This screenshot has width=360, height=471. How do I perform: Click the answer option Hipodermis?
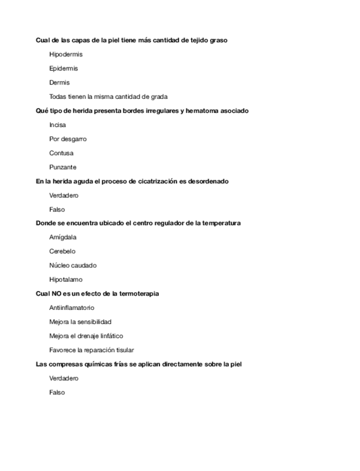[66, 54]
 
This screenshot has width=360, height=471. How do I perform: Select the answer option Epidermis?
[63, 68]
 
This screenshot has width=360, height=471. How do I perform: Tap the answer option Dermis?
[59, 83]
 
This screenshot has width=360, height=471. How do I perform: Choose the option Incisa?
[57, 125]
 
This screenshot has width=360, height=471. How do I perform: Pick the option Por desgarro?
[68, 139]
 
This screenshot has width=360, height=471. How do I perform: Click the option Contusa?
[61, 153]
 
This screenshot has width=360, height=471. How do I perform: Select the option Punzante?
[63, 167]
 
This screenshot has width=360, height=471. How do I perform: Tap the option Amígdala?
[63, 237]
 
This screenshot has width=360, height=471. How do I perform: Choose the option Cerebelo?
[62, 252]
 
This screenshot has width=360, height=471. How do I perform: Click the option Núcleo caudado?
[73, 265]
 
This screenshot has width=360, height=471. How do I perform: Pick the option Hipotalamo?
[66, 280]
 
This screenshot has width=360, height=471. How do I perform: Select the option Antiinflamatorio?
[72, 308]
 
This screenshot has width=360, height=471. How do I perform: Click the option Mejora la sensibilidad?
[80, 322]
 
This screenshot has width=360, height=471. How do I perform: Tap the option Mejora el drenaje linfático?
[86, 336]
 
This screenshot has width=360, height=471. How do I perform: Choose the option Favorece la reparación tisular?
[91, 350]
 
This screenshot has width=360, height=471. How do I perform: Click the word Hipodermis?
[66, 54]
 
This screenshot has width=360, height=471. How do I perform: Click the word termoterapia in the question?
[139, 294]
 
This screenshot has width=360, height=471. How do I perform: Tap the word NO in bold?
[57, 294]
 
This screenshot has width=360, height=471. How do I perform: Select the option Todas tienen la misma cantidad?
[108, 97]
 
